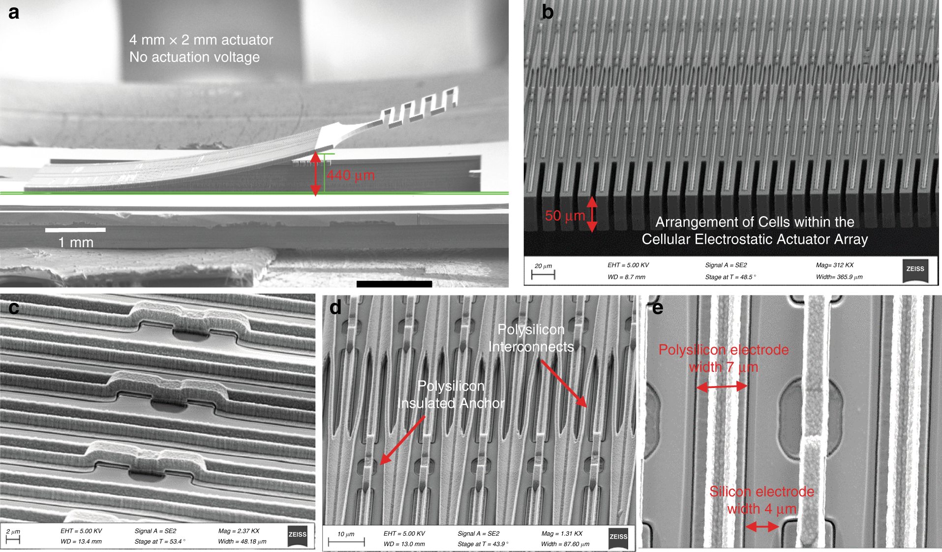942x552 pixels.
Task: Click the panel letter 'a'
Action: pyautogui.click(x=14, y=12)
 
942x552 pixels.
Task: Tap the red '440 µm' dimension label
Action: pyautogui.click(x=351, y=175)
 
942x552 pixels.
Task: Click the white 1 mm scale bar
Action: pyautogui.click(x=75, y=230)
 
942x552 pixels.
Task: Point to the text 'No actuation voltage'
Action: pyautogui.click(x=194, y=57)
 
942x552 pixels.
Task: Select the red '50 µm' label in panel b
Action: pyautogui.click(x=565, y=216)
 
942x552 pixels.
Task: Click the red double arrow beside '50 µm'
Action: pyautogui.click(x=592, y=214)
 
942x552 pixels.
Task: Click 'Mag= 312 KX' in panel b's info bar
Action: pyautogui.click(x=835, y=265)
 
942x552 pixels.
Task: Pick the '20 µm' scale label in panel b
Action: pyautogui.click(x=543, y=266)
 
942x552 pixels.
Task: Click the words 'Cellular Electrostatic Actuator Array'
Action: pyautogui.click(x=755, y=239)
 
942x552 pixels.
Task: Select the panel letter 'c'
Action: pyautogui.click(x=14, y=308)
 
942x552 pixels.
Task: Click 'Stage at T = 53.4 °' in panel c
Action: pyautogui.click(x=160, y=542)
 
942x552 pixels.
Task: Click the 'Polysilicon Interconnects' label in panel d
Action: pyautogui.click(x=531, y=338)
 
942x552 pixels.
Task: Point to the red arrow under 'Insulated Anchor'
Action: pyautogui.click(x=403, y=440)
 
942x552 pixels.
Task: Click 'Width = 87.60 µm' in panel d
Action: pyautogui.click(x=565, y=544)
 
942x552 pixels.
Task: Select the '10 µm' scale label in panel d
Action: pyautogui.click(x=346, y=534)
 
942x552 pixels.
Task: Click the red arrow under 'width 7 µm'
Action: pyautogui.click(x=722, y=387)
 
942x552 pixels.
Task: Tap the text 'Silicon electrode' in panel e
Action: pyautogui.click(x=761, y=491)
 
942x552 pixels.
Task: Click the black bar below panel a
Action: pyautogui.click(x=394, y=284)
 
